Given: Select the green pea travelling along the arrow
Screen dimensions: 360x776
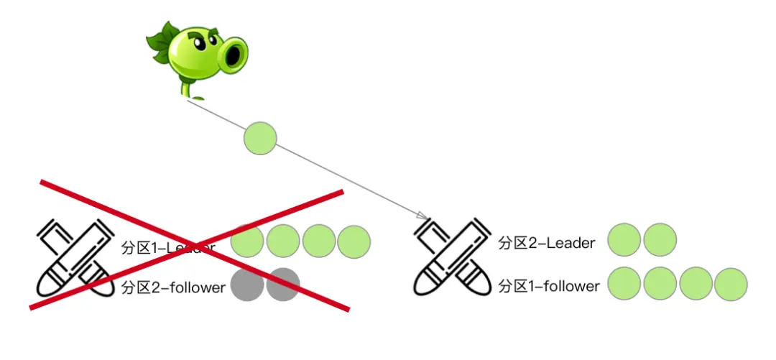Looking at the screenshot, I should [x=260, y=138].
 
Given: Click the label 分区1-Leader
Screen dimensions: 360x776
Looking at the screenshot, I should [x=168, y=248].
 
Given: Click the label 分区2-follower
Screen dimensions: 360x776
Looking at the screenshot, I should [x=173, y=287].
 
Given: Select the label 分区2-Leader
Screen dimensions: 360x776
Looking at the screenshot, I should [x=547, y=243].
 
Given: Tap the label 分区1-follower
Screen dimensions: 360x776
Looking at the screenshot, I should [x=549, y=286].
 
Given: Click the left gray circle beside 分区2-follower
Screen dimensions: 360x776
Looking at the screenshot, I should [x=246, y=285].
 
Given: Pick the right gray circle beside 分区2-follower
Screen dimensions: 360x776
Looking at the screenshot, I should [x=282, y=285].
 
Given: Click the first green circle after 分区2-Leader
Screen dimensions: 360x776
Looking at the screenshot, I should [x=624, y=240].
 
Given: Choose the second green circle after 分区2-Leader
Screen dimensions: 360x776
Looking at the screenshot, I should [x=660, y=240].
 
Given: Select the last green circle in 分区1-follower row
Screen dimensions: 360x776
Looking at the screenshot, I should [x=731, y=284].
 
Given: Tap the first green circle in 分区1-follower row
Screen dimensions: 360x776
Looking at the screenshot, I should [x=624, y=284].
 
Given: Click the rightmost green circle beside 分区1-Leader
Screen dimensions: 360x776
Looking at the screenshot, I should [x=354, y=241].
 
